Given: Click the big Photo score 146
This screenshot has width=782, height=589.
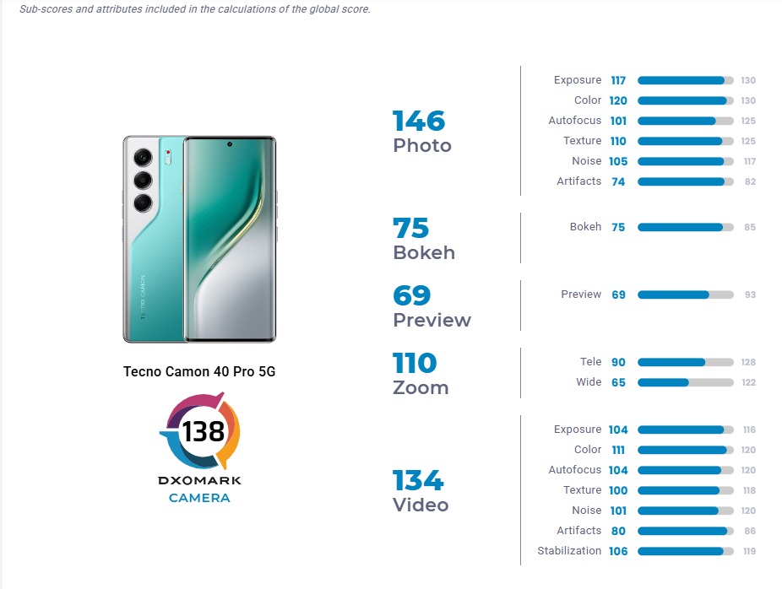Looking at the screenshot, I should [419, 121].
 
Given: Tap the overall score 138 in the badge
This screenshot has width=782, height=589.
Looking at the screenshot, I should [204, 431].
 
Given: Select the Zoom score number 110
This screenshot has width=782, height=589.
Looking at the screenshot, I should [415, 364].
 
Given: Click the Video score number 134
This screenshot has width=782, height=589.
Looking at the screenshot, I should [417, 481].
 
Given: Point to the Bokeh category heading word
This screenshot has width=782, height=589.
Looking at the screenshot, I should [424, 252].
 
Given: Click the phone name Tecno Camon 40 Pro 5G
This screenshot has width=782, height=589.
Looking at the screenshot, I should [199, 371].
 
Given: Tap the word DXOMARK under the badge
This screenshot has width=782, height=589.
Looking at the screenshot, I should [199, 480].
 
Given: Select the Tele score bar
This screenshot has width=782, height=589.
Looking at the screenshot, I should [685, 362].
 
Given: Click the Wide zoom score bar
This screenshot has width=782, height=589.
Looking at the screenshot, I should [685, 382].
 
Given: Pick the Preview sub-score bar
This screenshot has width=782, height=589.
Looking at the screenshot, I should [685, 294].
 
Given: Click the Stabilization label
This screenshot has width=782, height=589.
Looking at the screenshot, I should [569, 551].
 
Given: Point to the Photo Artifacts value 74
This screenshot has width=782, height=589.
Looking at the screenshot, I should [618, 181].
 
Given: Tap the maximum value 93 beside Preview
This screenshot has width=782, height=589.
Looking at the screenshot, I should [748, 294].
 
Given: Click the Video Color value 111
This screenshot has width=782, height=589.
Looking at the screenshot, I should [618, 450].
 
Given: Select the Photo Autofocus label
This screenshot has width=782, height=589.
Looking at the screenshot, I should [574, 121].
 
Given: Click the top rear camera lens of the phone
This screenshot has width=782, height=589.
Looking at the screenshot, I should [143, 157].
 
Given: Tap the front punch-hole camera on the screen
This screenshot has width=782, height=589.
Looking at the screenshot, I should [229, 144].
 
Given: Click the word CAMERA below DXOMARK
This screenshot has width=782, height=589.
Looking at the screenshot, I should [199, 498].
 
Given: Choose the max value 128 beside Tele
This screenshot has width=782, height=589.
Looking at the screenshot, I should [748, 362].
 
